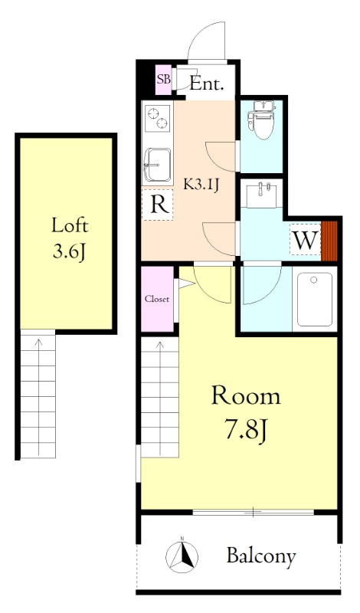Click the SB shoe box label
pyautogui.click(x=163, y=79)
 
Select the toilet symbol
pyautogui.click(x=260, y=120)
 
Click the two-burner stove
pyautogui.click(x=158, y=118)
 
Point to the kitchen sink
pyautogui.click(x=157, y=165)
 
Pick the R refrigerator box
pyautogui.click(x=157, y=204)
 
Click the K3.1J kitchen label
pyautogui.click(x=201, y=184)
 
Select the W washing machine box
pyautogui.click(x=305, y=239)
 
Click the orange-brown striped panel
pyautogui.click(x=329, y=241)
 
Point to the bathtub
pyautogui.click(x=315, y=299)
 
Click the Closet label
pyautogui.click(x=157, y=299)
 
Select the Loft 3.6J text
pyautogui.click(x=70, y=238)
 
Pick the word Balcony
pyautogui.click(x=261, y=556)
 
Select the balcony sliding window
pyautogui.click(x=254, y=512)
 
